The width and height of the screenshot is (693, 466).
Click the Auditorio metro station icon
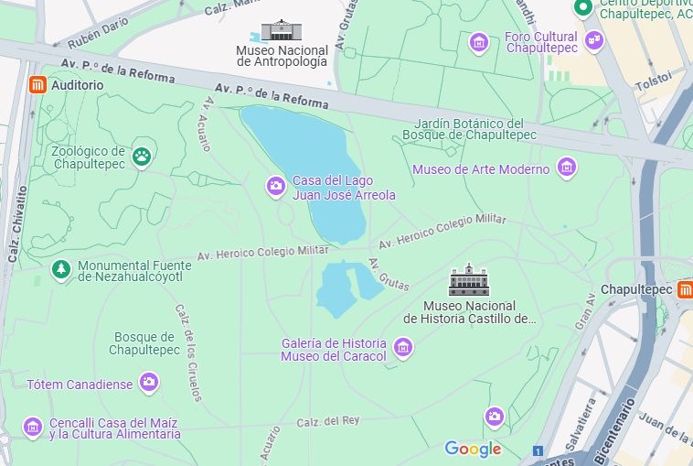(37, 85)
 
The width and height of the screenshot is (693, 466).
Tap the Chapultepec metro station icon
(685, 289)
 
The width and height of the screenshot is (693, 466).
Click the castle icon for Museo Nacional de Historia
(469, 280)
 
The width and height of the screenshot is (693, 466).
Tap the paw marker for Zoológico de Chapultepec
(141, 157)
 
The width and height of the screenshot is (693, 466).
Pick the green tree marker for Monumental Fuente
(60, 270)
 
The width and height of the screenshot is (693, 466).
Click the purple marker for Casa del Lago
(275, 187)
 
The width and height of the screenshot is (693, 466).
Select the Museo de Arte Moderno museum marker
(567, 168)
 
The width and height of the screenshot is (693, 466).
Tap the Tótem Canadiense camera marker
(148, 383)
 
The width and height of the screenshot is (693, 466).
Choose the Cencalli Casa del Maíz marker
(33, 428)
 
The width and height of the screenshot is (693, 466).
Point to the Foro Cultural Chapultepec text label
(541, 42)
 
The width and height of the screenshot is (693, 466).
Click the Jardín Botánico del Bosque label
(469, 129)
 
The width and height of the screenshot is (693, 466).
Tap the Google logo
(473, 449)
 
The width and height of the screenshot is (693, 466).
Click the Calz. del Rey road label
(330, 421)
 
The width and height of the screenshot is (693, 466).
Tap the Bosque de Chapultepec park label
(144, 343)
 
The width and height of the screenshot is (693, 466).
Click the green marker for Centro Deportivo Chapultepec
(582, 8)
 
